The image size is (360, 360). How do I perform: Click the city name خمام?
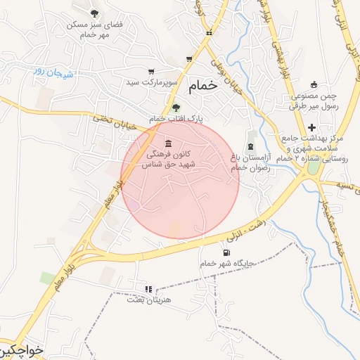point(202,87)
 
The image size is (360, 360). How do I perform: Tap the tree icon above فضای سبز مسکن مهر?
point(95,13)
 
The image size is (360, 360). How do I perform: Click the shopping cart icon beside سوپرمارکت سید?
point(151,72)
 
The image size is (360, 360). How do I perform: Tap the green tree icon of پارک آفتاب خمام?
point(175,108)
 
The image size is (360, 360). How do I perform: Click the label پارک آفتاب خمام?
point(176,119)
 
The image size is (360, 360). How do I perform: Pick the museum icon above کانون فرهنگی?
point(167,143)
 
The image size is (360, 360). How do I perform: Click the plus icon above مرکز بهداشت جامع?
point(311,127)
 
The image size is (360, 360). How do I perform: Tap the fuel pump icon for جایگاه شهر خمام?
point(226,252)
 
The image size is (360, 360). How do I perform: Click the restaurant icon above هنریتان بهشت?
point(148,288)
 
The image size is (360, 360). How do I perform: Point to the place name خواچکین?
point(21,349)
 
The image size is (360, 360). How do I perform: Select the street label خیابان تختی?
point(112,120)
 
